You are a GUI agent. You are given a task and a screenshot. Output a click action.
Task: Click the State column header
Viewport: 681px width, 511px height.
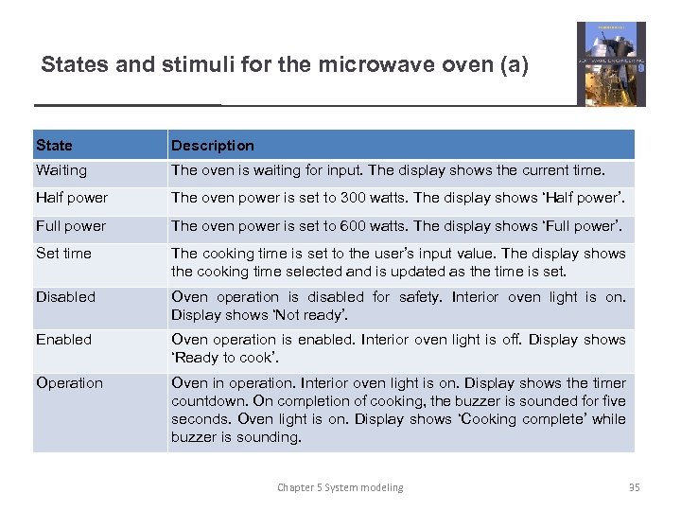[x=54, y=146]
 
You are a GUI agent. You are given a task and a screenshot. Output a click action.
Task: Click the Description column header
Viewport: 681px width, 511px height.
[x=212, y=146]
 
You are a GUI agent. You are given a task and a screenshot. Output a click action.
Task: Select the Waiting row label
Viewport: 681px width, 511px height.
[x=61, y=171]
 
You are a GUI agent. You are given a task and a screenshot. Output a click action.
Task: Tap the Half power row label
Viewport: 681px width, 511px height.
[x=71, y=198]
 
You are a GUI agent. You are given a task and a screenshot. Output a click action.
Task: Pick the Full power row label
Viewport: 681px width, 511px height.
[x=70, y=226]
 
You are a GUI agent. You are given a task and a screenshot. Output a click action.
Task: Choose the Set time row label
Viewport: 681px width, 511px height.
[x=63, y=254]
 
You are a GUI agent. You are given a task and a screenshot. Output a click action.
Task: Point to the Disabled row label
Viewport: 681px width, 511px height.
[x=65, y=297]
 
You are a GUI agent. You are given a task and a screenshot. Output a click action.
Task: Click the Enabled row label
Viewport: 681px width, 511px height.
[x=63, y=340]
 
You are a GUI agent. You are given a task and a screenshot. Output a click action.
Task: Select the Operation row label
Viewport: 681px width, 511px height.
[x=69, y=383]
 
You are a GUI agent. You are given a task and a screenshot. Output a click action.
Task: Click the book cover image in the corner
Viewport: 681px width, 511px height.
[x=611, y=63]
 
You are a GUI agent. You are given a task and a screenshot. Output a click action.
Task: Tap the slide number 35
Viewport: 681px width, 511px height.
[x=634, y=487]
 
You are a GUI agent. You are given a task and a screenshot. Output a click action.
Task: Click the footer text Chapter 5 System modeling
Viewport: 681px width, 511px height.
[x=340, y=487]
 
